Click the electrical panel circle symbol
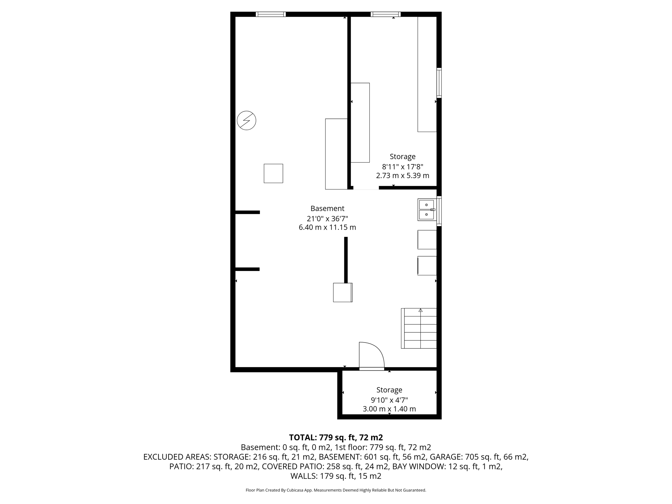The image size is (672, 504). (x=246, y=120)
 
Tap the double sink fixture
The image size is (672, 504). (x=427, y=209)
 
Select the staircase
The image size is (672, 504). (x=419, y=328)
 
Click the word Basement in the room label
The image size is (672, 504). (x=327, y=208)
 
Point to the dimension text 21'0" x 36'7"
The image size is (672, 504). (x=327, y=218)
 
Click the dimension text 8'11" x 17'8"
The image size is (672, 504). (x=402, y=166)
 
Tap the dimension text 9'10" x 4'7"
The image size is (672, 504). (x=389, y=400)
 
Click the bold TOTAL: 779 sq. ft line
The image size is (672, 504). (x=336, y=437)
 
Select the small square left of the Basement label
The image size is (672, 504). (x=273, y=173)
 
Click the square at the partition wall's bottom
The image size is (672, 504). (x=343, y=292)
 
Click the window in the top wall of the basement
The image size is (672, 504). (x=271, y=14)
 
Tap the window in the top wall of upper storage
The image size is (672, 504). (x=386, y=14)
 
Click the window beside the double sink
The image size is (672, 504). (x=439, y=211)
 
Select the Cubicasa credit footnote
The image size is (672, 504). (x=336, y=490)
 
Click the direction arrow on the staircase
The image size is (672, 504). (x=420, y=310)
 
